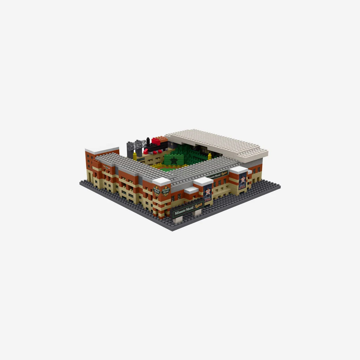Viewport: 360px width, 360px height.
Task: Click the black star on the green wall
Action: (174, 161)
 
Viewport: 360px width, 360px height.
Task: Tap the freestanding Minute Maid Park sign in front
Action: (187, 211)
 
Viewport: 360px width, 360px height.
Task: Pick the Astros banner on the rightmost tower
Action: (243, 181)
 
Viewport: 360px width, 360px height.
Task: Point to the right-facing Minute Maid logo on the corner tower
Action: (166, 191)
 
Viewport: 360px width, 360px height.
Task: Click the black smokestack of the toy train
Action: (148, 141)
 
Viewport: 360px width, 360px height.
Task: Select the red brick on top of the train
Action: (156, 141)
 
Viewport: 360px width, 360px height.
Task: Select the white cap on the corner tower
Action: (161, 181)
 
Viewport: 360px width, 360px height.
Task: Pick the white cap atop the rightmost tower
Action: (239, 170)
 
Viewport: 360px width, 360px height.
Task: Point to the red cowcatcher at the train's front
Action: (146, 152)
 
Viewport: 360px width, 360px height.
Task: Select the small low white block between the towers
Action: (191, 190)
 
